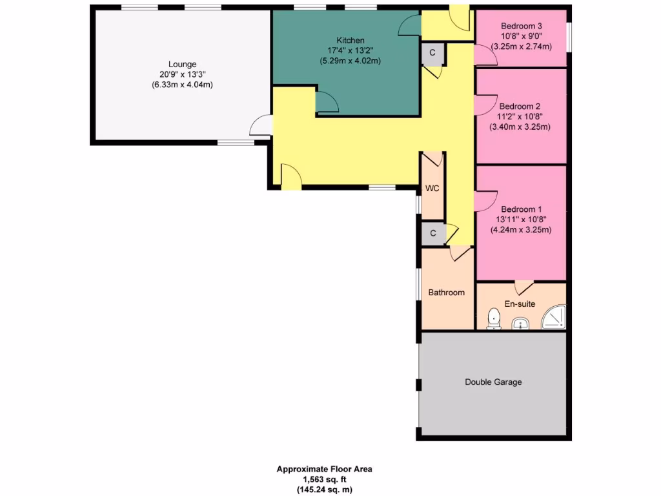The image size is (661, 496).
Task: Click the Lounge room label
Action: pyautogui.click(x=182, y=64)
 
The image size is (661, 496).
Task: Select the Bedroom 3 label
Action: pyautogui.click(x=521, y=26)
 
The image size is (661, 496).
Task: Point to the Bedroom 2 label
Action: pyautogui.click(x=520, y=107)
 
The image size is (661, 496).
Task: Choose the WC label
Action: pyautogui.click(x=432, y=189)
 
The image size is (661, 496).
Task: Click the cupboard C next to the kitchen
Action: pyautogui.click(x=432, y=54)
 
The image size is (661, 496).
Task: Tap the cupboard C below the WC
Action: pyautogui.click(x=432, y=233)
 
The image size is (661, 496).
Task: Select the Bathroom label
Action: pyautogui.click(x=446, y=293)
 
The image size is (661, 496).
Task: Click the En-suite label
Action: pyautogui.click(x=520, y=304)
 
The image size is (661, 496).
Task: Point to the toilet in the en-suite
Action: pyautogui.click(x=494, y=319)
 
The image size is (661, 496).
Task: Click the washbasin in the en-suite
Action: pyautogui.click(x=520, y=323)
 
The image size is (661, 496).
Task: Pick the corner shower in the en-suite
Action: pyautogui.click(x=554, y=317)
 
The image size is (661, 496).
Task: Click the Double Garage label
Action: pyautogui.click(x=493, y=382)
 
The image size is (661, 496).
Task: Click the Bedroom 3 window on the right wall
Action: pyautogui.click(x=568, y=37)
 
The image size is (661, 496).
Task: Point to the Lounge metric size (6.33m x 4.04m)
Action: pyautogui.click(x=182, y=85)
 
